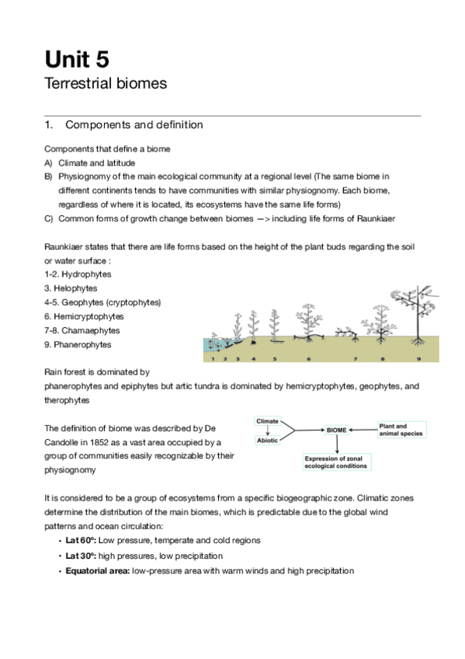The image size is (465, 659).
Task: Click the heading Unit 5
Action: (x=77, y=59)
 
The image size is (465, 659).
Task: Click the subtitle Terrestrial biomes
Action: (x=106, y=83)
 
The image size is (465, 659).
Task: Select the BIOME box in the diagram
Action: (x=336, y=430)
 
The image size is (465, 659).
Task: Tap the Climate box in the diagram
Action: (x=267, y=421)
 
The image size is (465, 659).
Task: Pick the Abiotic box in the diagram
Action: (x=267, y=441)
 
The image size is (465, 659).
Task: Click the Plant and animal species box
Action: (x=401, y=430)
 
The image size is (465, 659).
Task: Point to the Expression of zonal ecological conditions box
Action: (x=337, y=462)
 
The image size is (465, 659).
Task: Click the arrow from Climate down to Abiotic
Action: (x=267, y=431)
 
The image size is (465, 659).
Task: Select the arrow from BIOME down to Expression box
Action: (x=337, y=445)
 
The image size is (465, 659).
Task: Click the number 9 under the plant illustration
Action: (x=418, y=358)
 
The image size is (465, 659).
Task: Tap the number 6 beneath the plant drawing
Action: (x=308, y=358)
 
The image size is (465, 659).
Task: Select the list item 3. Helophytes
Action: (x=71, y=288)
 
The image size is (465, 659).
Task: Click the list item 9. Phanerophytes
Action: (x=78, y=344)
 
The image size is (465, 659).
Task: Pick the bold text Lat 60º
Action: (x=81, y=540)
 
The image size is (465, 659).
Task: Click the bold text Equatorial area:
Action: (x=97, y=570)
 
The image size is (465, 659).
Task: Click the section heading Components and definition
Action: (x=134, y=125)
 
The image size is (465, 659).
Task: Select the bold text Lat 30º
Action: (x=81, y=556)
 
